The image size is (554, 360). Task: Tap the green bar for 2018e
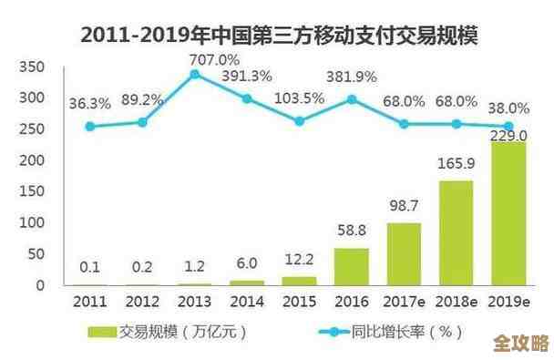point(455,232)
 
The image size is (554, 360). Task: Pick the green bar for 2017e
point(402,253)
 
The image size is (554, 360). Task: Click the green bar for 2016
point(351,266)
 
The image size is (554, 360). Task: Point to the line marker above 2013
point(194,74)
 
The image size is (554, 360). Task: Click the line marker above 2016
point(351,98)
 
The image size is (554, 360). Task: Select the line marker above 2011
point(89,127)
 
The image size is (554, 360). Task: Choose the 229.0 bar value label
point(508,136)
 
